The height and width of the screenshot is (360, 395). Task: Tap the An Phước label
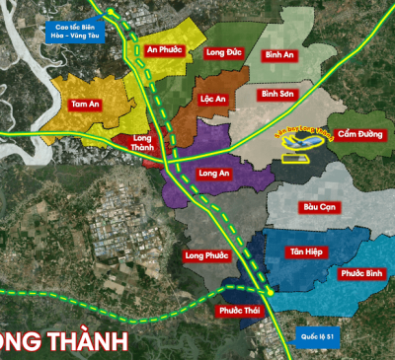pyautogui.click(x=165, y=49)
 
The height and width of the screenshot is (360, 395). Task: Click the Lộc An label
pyautogui.click(x=213, y=100)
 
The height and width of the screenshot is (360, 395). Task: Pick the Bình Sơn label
pyautogui.click(x=278, y=95)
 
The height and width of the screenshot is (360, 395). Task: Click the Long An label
pyautogui.click(x=215, y=175)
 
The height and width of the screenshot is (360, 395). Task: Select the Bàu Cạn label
pyautogui.click(x=320, y=207)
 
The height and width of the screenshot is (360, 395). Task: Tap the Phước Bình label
pyautogui.click(x=359, y=272)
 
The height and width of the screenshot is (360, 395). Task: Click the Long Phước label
pyautogui.click(x=206, y=255)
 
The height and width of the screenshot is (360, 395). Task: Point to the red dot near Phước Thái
pyautogui.click(x=271, y=294)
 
